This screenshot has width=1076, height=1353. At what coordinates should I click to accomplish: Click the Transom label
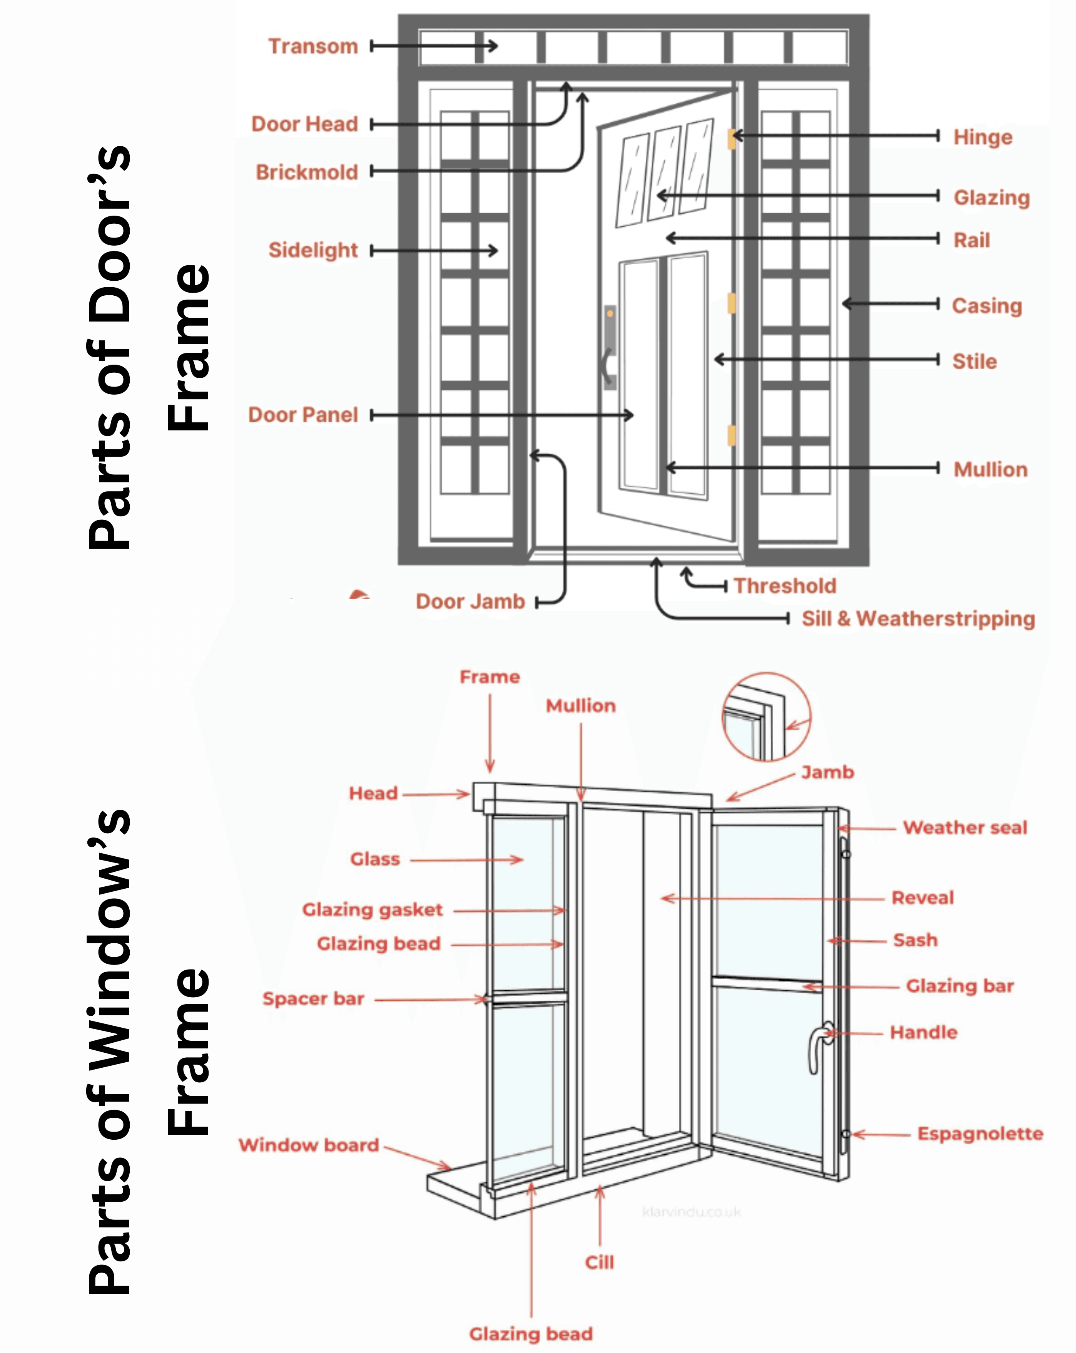point(313,47)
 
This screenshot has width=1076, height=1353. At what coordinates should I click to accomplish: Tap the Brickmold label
point(307,172)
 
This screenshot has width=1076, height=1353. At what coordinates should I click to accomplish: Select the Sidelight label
point(313,250)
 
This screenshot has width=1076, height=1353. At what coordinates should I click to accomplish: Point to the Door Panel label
point(303,415)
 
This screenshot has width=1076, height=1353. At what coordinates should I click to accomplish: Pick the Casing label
point(987,306)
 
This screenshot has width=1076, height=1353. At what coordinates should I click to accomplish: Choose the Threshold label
point(785,586)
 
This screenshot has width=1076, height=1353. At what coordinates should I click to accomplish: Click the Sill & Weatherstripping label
point(919,619)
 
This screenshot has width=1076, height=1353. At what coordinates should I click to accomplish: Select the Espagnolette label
point(980,1134)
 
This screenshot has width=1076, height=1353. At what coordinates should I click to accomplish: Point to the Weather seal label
point(965,827)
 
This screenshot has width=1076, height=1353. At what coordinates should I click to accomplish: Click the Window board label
point(309,1145)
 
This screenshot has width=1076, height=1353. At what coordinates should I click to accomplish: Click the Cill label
point(599,1262)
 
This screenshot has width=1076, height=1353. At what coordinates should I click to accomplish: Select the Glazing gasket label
point(373,909)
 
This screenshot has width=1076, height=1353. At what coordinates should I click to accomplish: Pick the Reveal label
point(922,898)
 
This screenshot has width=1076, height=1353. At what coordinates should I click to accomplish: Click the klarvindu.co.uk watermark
point(692,1212)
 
